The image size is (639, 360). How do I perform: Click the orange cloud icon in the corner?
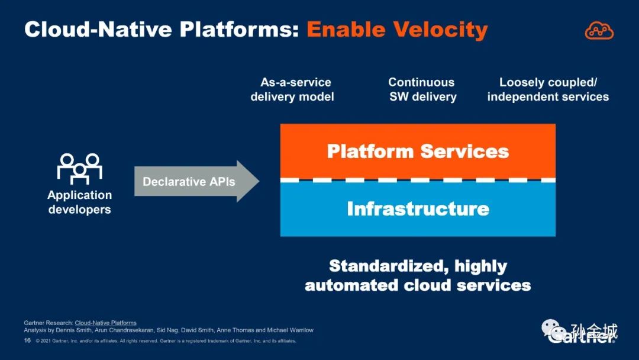point(599,30)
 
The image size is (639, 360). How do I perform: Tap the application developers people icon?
point(79,168)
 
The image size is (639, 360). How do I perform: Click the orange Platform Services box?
point(418,151)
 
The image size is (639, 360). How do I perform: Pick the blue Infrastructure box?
point(418,209)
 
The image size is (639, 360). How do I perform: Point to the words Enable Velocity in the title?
point(397,30)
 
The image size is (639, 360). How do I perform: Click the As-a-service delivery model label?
point(292,89)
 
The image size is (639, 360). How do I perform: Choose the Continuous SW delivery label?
point(422,89)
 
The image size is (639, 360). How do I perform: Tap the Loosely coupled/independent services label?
point(548,89)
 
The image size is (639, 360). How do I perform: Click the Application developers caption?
point(79,202)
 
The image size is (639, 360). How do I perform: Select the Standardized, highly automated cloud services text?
point(418,275)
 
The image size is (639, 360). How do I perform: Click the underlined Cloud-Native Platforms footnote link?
point(105,323)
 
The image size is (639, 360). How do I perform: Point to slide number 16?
point(27,340)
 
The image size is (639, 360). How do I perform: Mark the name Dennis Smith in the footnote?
point(72,330)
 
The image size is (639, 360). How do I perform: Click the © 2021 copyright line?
point(166,341)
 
